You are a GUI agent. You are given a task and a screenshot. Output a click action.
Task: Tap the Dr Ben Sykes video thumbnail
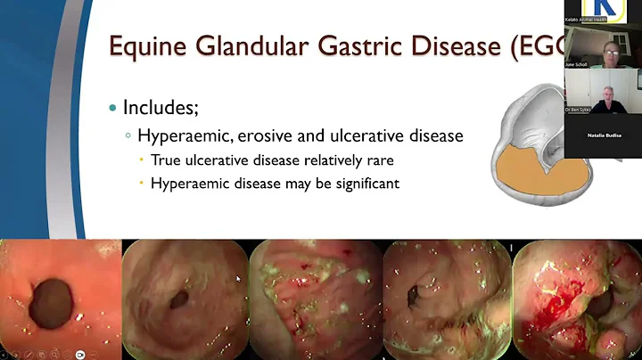pos(602,93)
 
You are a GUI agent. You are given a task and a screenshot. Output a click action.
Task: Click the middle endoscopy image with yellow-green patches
pos(314,299)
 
